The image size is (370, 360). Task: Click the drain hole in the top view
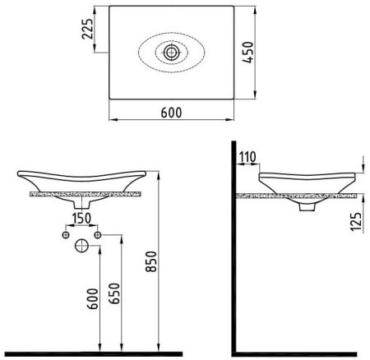pyautogui.click(x=171, y=52)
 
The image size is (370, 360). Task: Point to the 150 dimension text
pyautogui.click(x=81, y=219)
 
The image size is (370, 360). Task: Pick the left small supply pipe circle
pyautogui.click(x=67, y=235)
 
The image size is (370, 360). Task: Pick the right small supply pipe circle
pyautogui.click(x=97, y=235)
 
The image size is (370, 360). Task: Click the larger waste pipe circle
pyautogui.click(x=82, y=246)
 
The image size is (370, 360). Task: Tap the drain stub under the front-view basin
pyautogui.click(x=81, y=203)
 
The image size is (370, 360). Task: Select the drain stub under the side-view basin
pyautogui.click(x=308, y=209)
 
